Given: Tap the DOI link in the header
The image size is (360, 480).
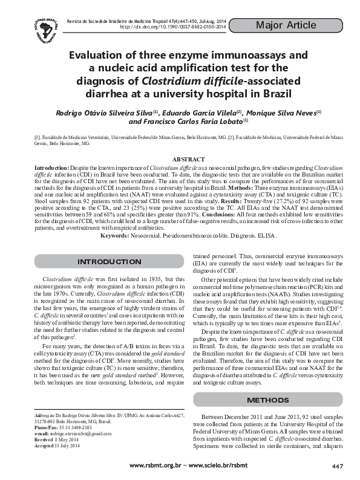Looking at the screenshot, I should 173,27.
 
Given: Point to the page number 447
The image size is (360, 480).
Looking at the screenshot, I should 338,465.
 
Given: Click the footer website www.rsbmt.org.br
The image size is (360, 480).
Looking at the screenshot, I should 155,465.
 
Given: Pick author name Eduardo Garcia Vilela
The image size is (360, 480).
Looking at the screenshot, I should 195,112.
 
